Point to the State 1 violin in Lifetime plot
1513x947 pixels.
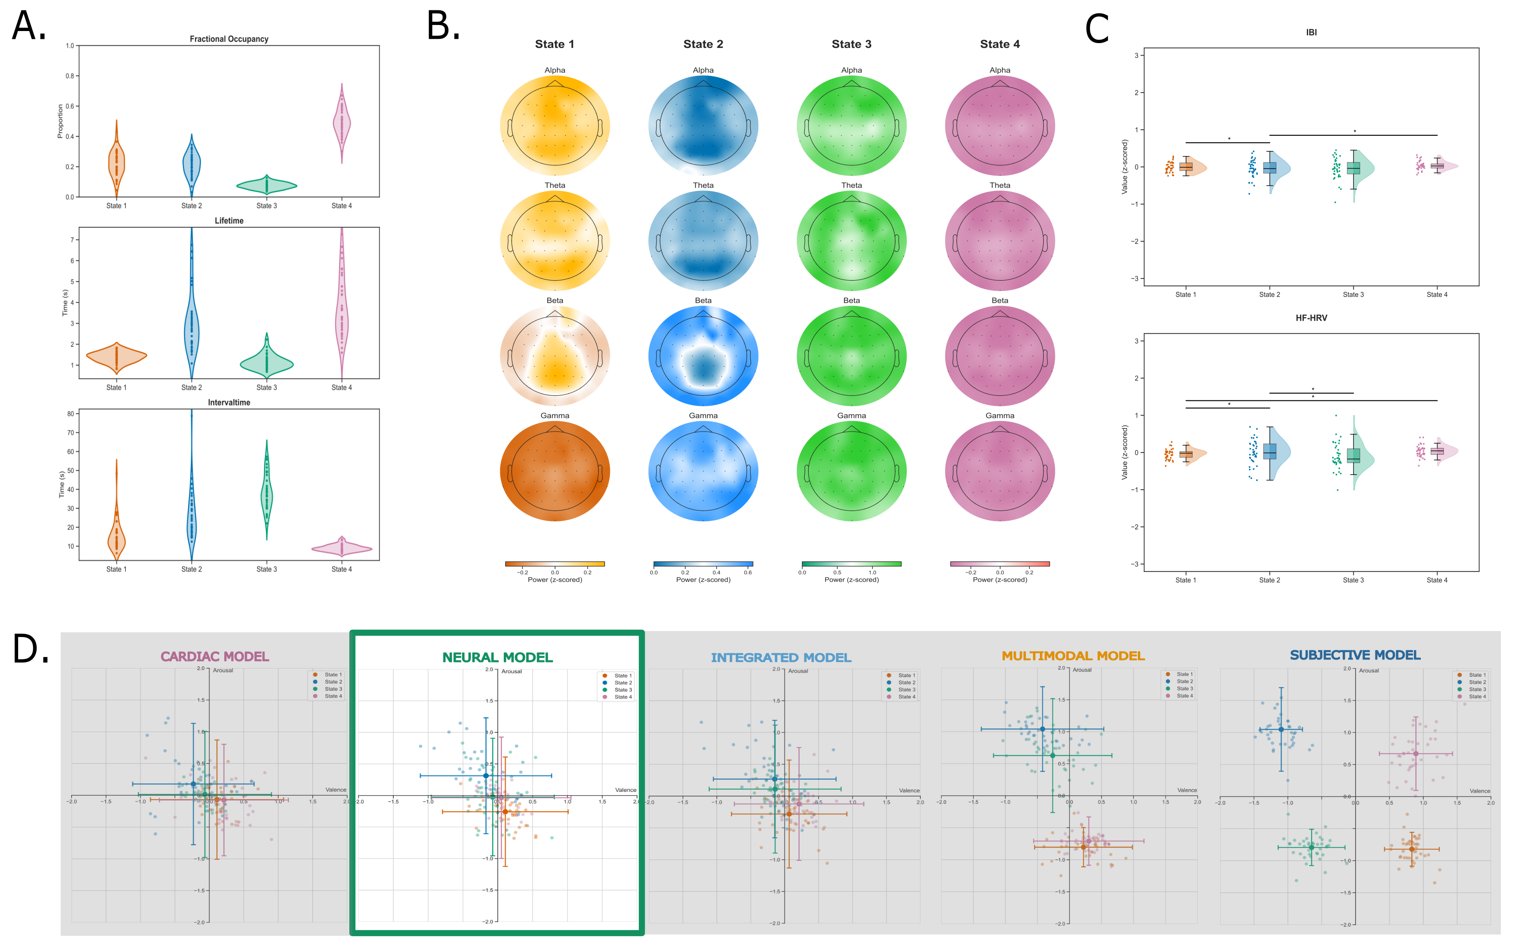coord(116,356)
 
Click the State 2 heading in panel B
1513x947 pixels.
coord(703,44)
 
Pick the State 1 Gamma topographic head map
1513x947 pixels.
coord(555,471)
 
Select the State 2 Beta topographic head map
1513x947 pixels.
coord(703,356)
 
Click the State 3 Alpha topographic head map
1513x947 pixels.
coord(851,126)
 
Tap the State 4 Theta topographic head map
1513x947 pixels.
coord(999,241)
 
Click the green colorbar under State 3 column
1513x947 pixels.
coord(851,564)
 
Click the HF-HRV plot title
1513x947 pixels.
coord(1311,318)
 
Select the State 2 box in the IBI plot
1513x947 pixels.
coord(1269,168)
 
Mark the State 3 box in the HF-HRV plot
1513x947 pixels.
coord(1353,455)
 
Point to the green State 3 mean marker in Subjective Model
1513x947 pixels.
coord(1311,847)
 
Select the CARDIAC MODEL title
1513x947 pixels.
coord(214,656)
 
